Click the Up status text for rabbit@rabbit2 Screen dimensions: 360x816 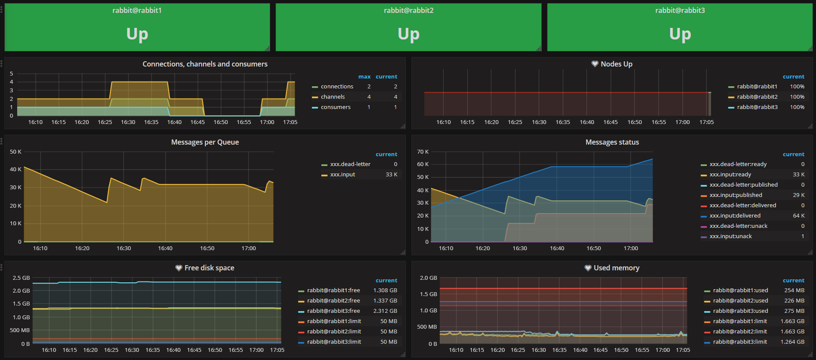click(x=408, y=34)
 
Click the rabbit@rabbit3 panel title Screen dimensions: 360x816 click(x=680, y=10)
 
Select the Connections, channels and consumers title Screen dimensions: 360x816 click(x=205, y=64)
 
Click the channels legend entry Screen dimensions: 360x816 click(x=332, y=97)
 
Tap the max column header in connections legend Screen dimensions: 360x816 click(x=364, y=77)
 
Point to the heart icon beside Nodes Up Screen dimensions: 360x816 click(x=595, y=64)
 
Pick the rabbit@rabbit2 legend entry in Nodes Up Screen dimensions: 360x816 click(x=757, y=97)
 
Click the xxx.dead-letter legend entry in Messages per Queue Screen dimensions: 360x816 click(x=350, y=164)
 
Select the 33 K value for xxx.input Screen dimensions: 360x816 click(x=391, y=175)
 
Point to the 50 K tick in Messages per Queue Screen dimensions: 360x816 click(x=15, y=152)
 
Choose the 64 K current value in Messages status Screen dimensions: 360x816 click(x=798, y=216)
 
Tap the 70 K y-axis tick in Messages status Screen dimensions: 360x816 click(x=423, y=152)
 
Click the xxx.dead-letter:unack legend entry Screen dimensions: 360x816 click(x=738, y=226)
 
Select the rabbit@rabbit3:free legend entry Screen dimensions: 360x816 click(x=333, y=311)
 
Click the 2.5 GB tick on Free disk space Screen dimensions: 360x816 click(x=21, y=278)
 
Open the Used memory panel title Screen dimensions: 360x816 click(x=616, y=268)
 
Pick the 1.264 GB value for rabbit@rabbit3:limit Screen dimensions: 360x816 click(x=792, y=342)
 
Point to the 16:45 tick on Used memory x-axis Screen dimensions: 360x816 click(x=600, y=350)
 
